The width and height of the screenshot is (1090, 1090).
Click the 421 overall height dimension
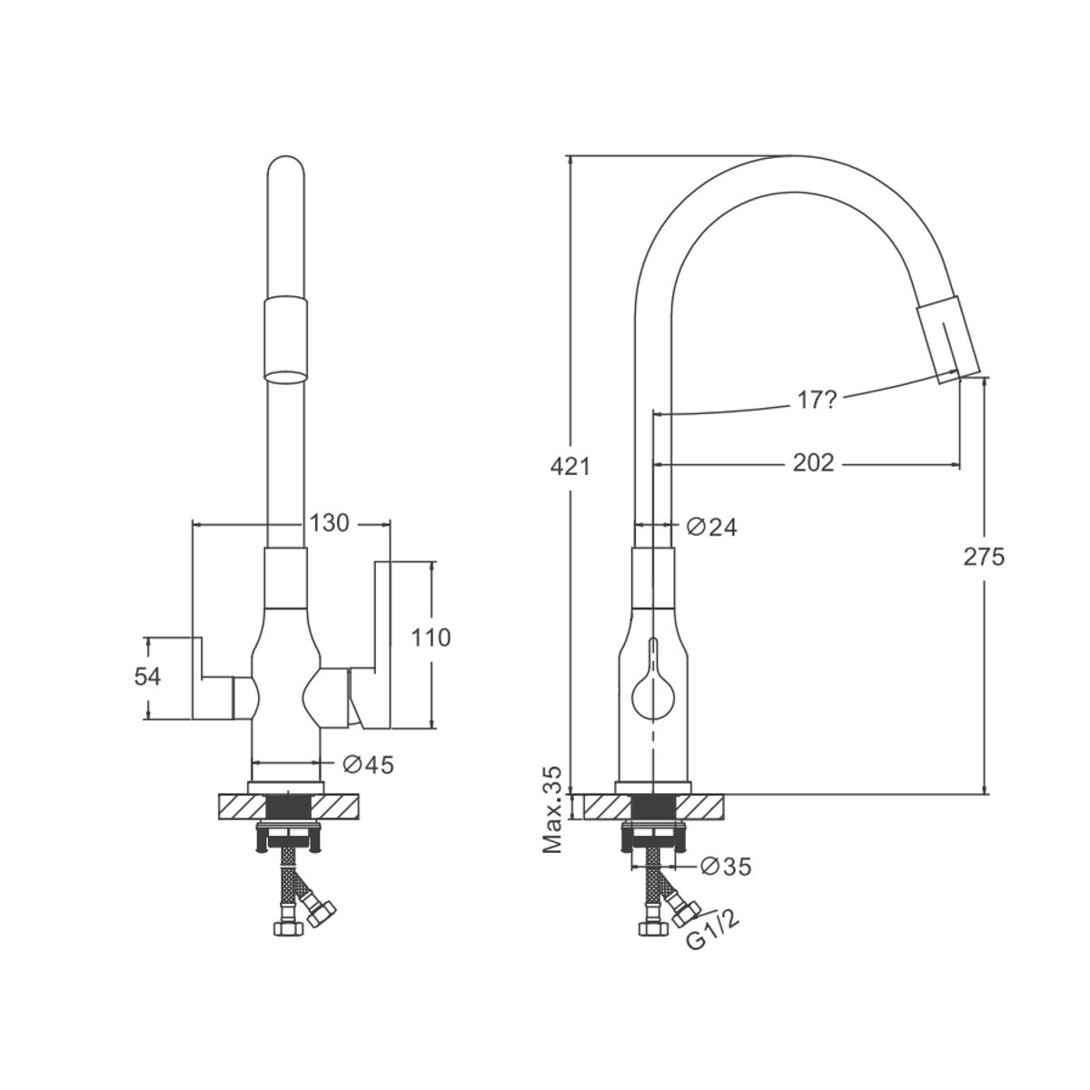point(570,467)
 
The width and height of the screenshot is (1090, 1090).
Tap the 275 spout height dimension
point(985,557)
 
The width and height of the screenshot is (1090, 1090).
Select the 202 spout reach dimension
point(813,462)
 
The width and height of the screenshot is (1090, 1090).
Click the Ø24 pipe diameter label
point(711,527)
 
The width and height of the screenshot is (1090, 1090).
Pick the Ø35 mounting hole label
point(726,866)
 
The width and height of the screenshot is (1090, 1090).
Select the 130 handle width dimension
point(329,523)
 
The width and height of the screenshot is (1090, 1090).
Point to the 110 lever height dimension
point(431,638)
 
